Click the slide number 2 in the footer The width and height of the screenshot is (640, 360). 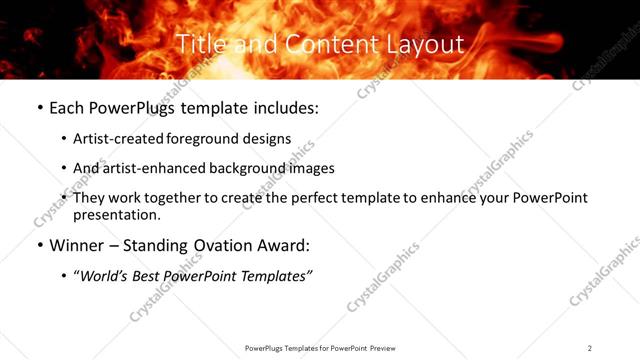[x=589, y=347]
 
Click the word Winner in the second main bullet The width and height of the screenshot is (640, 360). [x=79, y=245]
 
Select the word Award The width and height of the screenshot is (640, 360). [x=282, y=245]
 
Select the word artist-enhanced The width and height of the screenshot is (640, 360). [x=149, y=169]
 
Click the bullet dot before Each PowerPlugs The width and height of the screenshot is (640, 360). [x=39, y=108]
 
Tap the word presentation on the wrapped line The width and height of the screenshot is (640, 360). [x=117, y=215]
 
